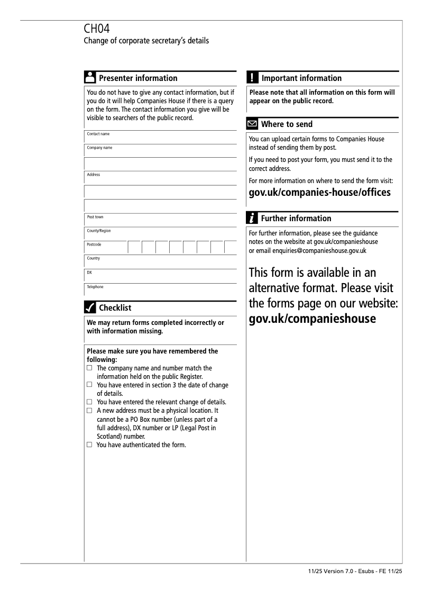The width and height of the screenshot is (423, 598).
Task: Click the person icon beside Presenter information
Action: [x=90, y=78]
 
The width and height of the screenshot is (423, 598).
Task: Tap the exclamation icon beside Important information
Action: [x=252, y=78]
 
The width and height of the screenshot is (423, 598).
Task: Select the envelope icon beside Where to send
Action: [x=253, y=124]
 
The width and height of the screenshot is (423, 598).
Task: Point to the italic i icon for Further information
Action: [x=253, y=218]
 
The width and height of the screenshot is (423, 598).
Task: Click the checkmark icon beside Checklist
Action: [x=90, y=307]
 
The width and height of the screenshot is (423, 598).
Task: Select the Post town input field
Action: [x=160, y=220]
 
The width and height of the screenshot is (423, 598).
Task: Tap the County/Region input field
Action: [x=160, y=234]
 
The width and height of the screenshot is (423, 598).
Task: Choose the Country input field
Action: [x=160, y=261]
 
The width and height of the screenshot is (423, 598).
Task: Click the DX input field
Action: [x=160, y=275]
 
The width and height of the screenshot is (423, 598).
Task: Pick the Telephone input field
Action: [x=160, y=289]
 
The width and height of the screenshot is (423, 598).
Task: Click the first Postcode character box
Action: [x=134, y=247]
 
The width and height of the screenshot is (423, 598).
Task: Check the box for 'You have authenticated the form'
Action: [x=89, y=445]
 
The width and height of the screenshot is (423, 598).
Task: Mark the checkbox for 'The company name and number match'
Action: [x=89, y=368]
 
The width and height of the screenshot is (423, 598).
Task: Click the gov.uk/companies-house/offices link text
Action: [x=319, y=192]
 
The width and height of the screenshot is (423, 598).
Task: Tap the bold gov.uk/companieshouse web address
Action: [x=312, y=319]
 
